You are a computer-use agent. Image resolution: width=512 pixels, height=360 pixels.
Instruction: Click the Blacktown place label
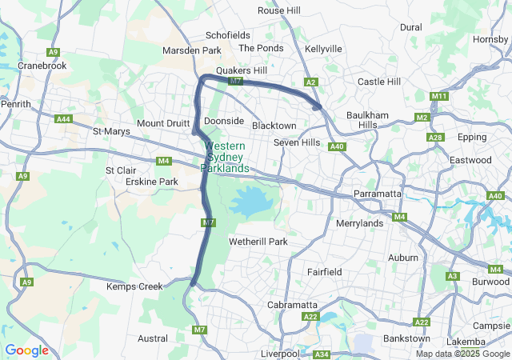point(274,126)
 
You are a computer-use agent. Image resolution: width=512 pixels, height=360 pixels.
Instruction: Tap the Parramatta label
point(378,194)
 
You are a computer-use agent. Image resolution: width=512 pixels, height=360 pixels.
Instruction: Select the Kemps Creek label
point(135,286)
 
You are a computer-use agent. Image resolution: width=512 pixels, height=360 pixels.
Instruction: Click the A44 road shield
point(64,118)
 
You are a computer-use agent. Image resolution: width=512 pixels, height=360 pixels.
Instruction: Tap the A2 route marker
point(312,82)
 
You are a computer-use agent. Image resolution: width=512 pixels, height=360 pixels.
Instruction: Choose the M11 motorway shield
point(438,97)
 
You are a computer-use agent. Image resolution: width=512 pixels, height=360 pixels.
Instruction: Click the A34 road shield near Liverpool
point(322,354)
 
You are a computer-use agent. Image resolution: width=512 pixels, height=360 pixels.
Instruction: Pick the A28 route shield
point(435,138)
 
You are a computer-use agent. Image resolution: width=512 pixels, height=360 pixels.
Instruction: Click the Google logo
point(26,350)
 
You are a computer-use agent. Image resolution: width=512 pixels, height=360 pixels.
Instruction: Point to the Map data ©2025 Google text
point(462,354)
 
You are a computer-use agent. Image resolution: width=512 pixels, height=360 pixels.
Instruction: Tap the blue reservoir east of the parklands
point(254,202)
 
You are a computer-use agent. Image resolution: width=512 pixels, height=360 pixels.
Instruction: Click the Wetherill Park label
point(258,241)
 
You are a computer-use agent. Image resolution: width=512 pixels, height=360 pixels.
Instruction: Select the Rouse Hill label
point(278,10)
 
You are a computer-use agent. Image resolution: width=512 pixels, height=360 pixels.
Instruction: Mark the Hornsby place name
point(490,38)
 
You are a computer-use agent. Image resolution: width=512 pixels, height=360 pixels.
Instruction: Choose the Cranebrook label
point(42,66)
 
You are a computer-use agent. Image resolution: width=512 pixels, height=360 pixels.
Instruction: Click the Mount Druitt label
point(163,123)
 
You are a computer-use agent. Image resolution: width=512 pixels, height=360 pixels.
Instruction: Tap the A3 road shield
point(452,276)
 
